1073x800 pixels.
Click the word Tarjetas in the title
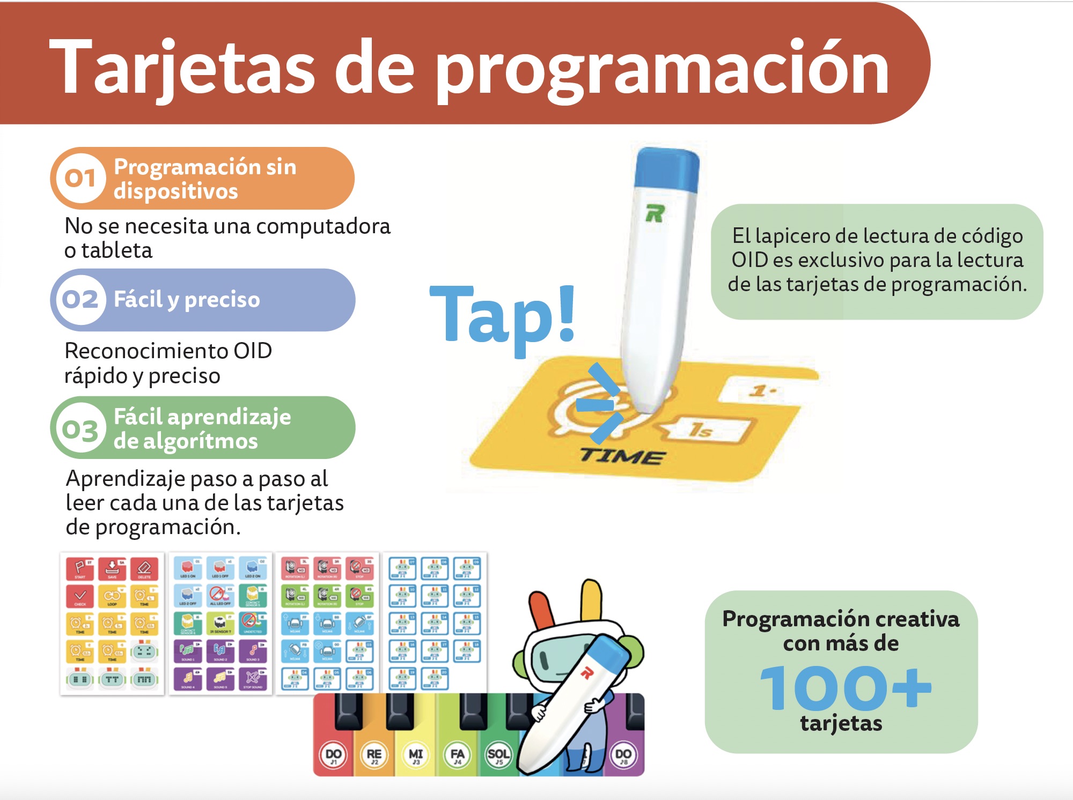(182, 69)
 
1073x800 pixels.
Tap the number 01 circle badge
(80, 178)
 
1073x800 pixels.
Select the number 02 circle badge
(80, 299)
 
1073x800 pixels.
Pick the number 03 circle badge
(80, 429)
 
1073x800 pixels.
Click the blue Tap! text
(503, 316)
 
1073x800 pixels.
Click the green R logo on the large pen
(655, 213)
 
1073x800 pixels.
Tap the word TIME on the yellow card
(622, 456)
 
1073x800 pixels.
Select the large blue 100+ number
(845, 688)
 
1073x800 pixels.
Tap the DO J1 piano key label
(333, 755)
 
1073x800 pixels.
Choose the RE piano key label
(374, 755)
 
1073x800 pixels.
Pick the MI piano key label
(416, 755)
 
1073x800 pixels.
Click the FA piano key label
(457, 755)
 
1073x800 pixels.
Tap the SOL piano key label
(498, 755)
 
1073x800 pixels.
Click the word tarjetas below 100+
(841, 723)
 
